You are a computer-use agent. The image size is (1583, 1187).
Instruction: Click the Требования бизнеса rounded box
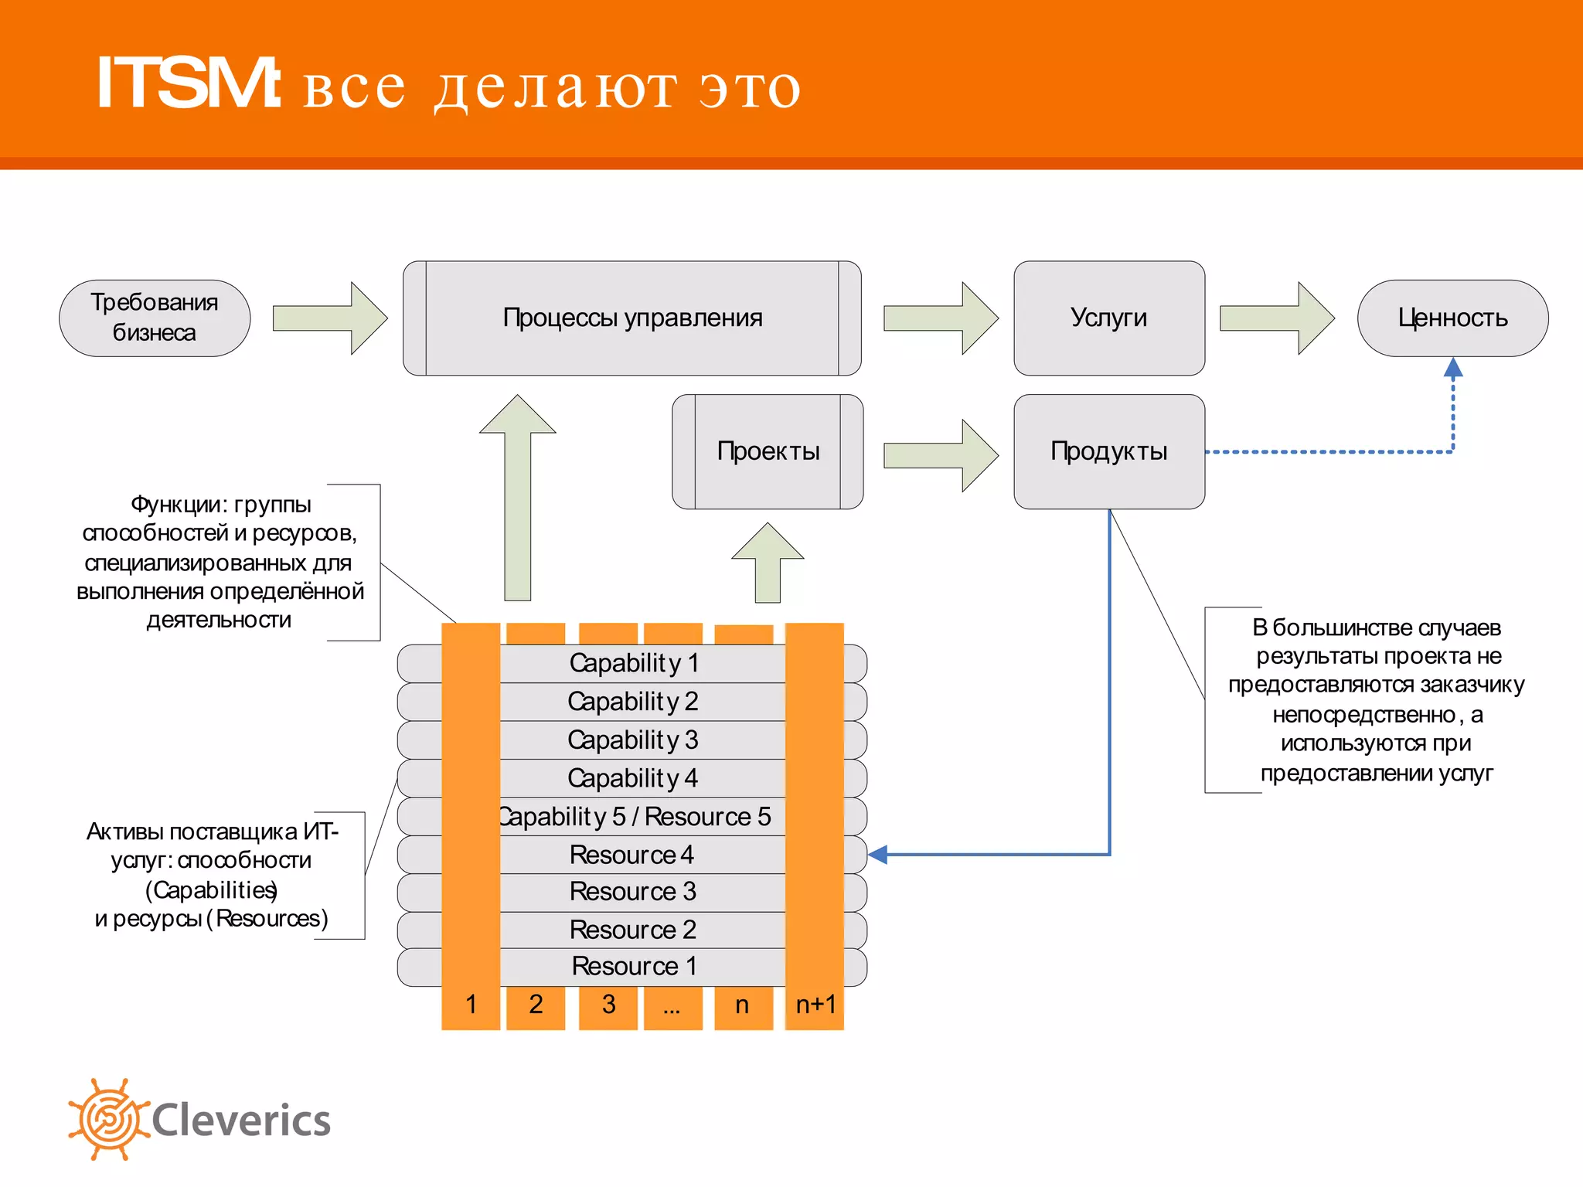click(x=155, y=318)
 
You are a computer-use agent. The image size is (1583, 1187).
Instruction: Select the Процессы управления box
click(x=631, y=318)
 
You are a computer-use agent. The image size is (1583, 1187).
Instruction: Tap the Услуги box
click(x=1108, y=318)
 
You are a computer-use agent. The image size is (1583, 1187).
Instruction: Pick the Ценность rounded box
click(x=1452, y=318)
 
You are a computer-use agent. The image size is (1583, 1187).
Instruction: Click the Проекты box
click(x=768, y=451)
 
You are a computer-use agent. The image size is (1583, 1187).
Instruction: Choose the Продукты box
click(x=1108, y=451)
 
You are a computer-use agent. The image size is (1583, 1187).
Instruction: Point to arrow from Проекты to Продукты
click(x=939, y=455)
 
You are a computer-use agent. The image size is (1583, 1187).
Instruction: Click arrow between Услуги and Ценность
click(x=1275, y=318)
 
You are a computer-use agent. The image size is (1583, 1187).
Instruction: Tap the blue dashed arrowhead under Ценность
click(x=1453, y=368)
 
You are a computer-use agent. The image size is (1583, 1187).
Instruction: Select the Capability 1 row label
click(x=634, y=663)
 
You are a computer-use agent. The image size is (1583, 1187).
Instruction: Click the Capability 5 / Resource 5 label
click(x=634, y=817)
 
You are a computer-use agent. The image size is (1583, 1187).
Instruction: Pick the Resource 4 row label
click(x=631, y=855)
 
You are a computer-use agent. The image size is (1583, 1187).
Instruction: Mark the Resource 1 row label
click(x=634, y=966)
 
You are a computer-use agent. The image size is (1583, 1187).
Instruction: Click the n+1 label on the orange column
click(x=815, y=1005)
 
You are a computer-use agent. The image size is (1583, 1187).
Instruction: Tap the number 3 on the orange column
click(x=608, y=1005)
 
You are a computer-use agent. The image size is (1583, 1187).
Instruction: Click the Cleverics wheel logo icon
click(x=108, y=1119)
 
